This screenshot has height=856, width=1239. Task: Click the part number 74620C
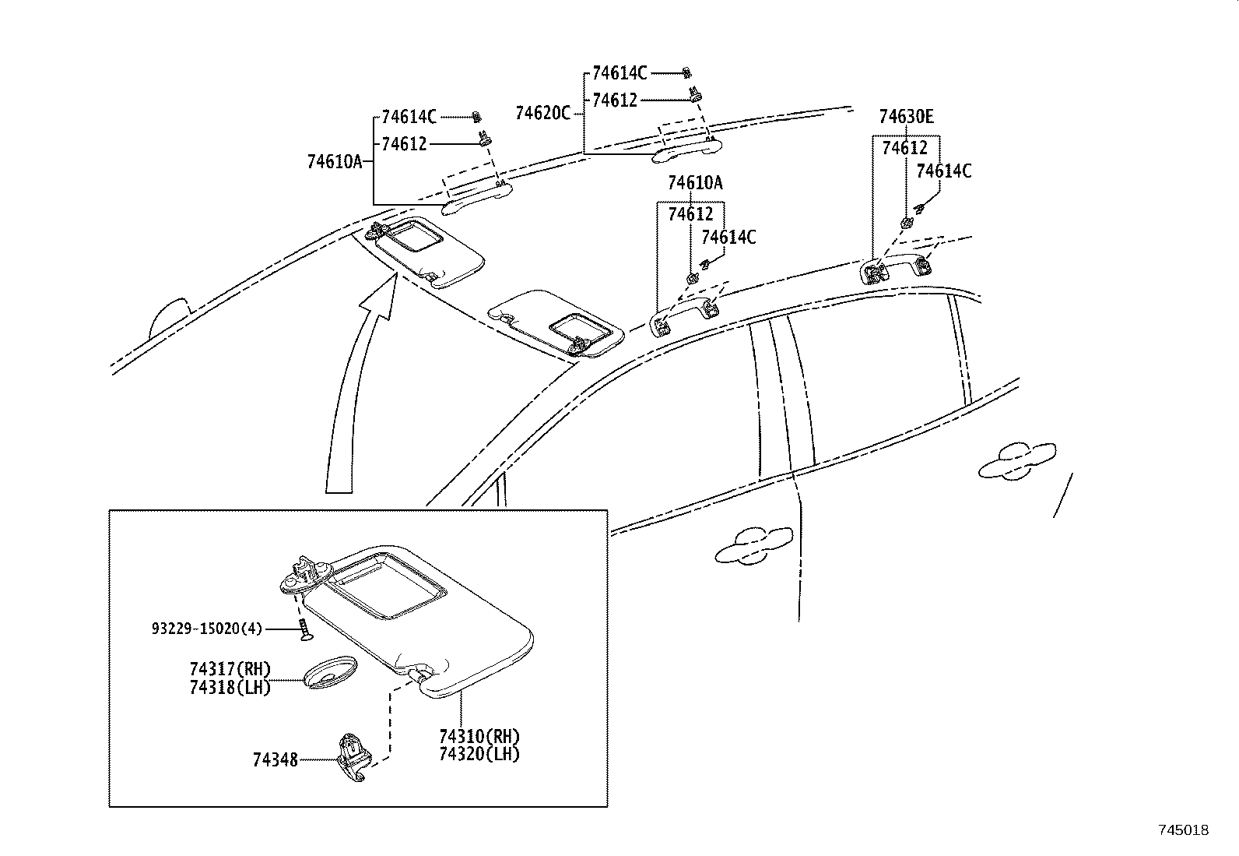pos(542,113)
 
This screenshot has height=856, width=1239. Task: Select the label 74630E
pos(906,117)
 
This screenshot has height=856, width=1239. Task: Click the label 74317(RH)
pos(230,669)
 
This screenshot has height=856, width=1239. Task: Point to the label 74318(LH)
pos(230,687)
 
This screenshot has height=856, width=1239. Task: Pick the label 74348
pos(275,759)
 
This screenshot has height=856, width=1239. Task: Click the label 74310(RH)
pos(479,736)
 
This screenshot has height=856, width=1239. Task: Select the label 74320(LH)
pos(479,753)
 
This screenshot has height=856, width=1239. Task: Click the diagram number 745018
pos(1183,830)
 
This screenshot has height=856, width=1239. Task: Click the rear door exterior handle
pos(1016,460)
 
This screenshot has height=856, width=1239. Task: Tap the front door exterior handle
pos(753,544)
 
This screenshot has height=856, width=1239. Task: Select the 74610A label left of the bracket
pos(335,162)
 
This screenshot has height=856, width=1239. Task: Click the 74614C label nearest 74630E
pos(943,171)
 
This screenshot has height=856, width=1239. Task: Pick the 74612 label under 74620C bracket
pos(614,100)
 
